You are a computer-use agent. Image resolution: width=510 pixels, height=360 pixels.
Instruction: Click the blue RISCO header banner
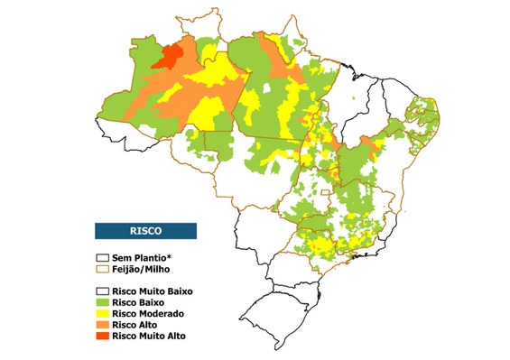145,231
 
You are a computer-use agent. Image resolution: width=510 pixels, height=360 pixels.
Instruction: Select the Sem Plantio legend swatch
103,257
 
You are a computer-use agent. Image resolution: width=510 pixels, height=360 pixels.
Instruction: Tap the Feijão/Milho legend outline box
103,268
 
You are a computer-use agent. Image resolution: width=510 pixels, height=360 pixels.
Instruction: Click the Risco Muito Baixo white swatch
103,291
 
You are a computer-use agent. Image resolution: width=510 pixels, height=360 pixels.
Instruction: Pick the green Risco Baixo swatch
103,302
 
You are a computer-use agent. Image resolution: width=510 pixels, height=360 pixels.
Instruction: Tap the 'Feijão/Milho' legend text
143,268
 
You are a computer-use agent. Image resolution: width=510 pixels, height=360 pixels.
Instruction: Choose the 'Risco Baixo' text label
141,302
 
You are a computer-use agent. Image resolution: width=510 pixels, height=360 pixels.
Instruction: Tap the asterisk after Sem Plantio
169,255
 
